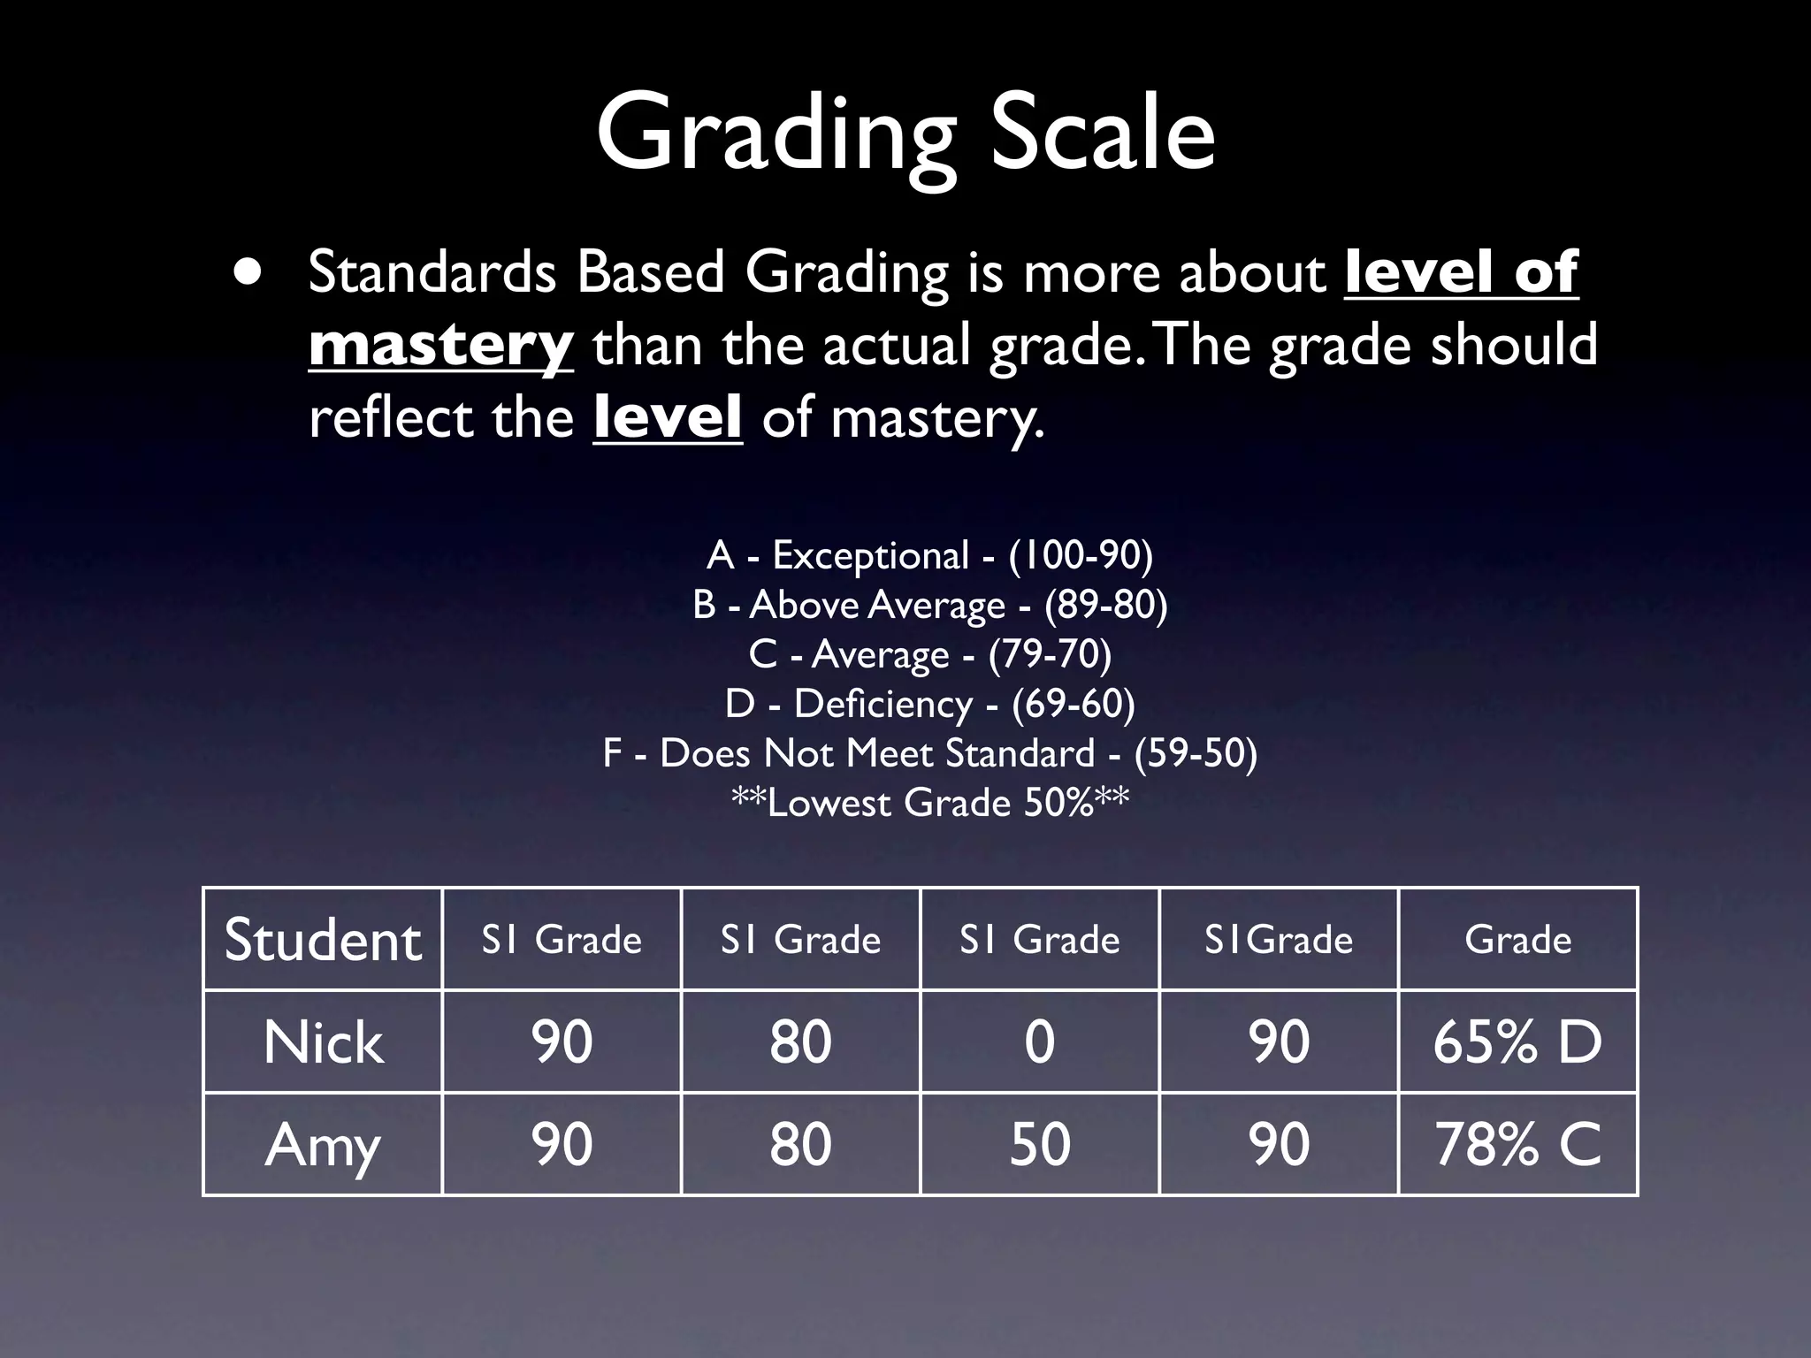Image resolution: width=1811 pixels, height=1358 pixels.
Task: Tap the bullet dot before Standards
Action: click(248, 272)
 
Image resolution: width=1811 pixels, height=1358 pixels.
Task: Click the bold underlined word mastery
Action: click(441, 346)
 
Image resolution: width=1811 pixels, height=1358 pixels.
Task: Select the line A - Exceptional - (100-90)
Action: click(929, 555)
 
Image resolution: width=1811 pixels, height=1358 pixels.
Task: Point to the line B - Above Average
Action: click(929, 605)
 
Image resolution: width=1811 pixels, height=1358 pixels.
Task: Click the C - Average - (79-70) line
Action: click(929, 654)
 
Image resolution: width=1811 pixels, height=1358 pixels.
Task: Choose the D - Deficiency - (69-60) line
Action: click(929, 704)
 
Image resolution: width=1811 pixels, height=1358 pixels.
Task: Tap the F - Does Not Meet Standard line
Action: click(929, 753)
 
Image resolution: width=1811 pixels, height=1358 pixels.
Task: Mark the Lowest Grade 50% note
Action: click(929, 803)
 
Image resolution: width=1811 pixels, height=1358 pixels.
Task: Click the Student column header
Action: click(323, 939)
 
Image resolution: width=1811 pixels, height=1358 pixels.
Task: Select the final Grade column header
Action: click(1517, 939)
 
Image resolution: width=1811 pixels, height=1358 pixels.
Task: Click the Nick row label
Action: click(323, 1041)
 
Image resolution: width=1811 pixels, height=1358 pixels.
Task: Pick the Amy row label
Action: click(323, 1144)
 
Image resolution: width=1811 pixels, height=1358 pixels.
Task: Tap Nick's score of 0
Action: click(1040, 1041)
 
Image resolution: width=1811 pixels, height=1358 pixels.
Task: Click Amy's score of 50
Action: click(1040, 1144)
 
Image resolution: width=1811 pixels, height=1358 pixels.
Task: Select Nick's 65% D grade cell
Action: click(1517, 1041)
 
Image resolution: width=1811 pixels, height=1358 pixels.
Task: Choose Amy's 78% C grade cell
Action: click(1517, 1144)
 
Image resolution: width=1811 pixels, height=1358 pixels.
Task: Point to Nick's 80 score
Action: click(800, 1041)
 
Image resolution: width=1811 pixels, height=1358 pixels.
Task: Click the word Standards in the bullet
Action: click(432, 272)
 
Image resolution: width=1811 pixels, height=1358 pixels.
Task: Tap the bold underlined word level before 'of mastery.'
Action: click(668, 418)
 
